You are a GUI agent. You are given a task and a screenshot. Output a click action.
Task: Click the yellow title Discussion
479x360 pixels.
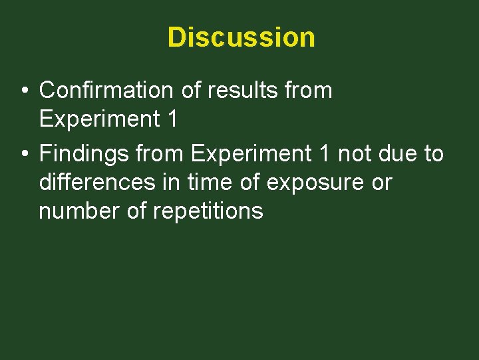tap(241, 37)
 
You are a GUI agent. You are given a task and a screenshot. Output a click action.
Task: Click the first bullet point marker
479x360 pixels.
tap(24, 91)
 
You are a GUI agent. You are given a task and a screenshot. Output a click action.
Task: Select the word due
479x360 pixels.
tap(400, 154)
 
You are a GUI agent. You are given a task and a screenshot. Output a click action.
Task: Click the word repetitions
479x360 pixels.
tap(208, 212)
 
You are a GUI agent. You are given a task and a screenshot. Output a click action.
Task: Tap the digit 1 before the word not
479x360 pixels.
tap(324, 154)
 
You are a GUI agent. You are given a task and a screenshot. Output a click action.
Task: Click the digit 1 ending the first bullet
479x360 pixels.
tap(172, 119)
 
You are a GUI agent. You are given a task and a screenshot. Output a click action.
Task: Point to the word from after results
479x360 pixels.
tap(310, 90)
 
